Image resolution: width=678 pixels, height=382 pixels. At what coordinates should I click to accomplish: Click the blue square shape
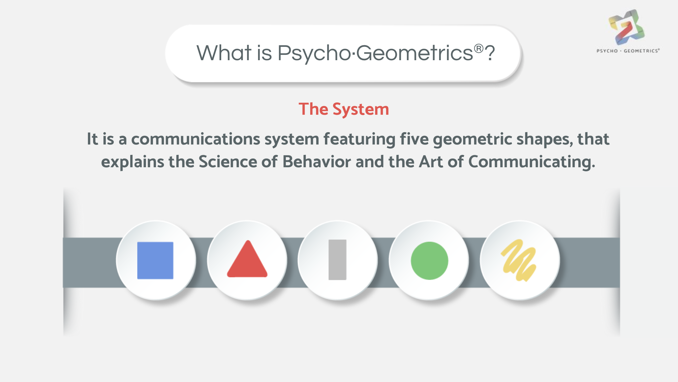tap(155, 260)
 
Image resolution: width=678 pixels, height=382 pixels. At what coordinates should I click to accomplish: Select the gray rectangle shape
tap(337, 260)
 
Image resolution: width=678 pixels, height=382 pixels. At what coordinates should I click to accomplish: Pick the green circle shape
tap(429, 261)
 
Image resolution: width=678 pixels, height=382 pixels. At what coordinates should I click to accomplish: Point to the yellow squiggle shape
tap(519, 260)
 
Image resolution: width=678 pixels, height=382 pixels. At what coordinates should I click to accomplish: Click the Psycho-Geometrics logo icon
tap(626, 27)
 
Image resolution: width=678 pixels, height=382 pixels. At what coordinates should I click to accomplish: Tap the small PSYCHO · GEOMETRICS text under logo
tap(628, 51)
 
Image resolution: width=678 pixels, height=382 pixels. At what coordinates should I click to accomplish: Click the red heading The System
tap(344, 109)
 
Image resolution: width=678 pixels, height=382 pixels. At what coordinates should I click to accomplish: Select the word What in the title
tap(224, 53)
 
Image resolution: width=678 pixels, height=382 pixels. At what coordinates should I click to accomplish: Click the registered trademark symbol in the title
tap(479, 49)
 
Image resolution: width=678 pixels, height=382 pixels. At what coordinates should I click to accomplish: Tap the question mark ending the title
tap(490, 53)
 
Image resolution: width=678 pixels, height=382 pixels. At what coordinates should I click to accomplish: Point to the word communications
tap(196, 139)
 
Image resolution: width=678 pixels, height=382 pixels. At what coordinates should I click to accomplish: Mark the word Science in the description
tap(228, 162)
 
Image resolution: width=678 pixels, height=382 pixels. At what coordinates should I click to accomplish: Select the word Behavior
tap(317, 162)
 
